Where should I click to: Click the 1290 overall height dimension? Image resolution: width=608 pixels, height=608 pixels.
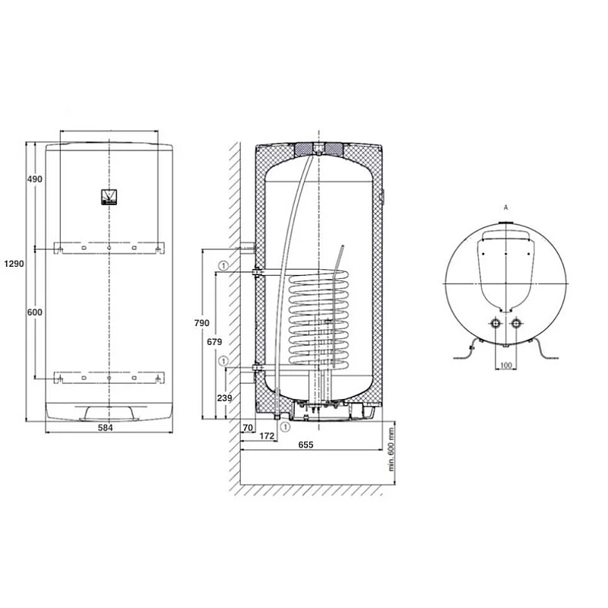coord(14,264)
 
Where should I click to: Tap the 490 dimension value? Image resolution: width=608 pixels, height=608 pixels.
coord(34,179)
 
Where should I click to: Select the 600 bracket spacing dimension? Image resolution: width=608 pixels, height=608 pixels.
coord(34,312)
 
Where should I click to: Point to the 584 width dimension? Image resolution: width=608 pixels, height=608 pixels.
coord(106,427)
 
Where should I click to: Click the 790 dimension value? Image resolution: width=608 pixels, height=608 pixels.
coord(201,323)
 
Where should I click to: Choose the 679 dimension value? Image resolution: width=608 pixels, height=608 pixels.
coord(214,341)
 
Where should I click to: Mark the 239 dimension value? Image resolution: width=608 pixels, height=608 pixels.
coord(224,397)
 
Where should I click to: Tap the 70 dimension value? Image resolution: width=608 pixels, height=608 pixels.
coord(248,428)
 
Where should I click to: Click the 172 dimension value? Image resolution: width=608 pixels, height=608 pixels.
coord(267,436)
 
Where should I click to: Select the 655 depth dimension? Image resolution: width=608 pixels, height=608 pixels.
coord(306,445)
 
